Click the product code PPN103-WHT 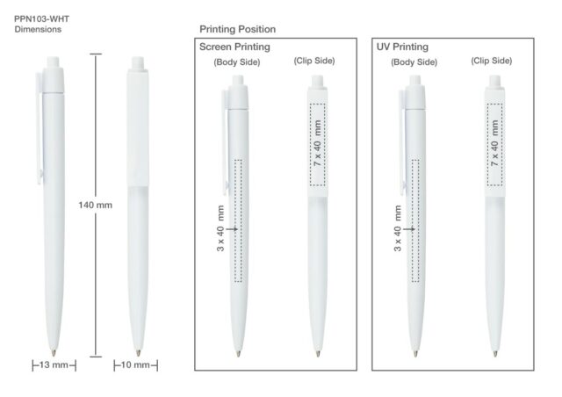coord(41,19)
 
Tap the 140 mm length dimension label coord(96,206)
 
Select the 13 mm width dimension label coord(54,365)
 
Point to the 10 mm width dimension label coord(135,365)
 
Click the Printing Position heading coord(238,29)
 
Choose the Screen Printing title coord(234,47)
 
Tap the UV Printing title coord(402,47)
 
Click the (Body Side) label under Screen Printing coord(237,62)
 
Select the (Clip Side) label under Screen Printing coord(314,61)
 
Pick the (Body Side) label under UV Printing coord(414,62)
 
